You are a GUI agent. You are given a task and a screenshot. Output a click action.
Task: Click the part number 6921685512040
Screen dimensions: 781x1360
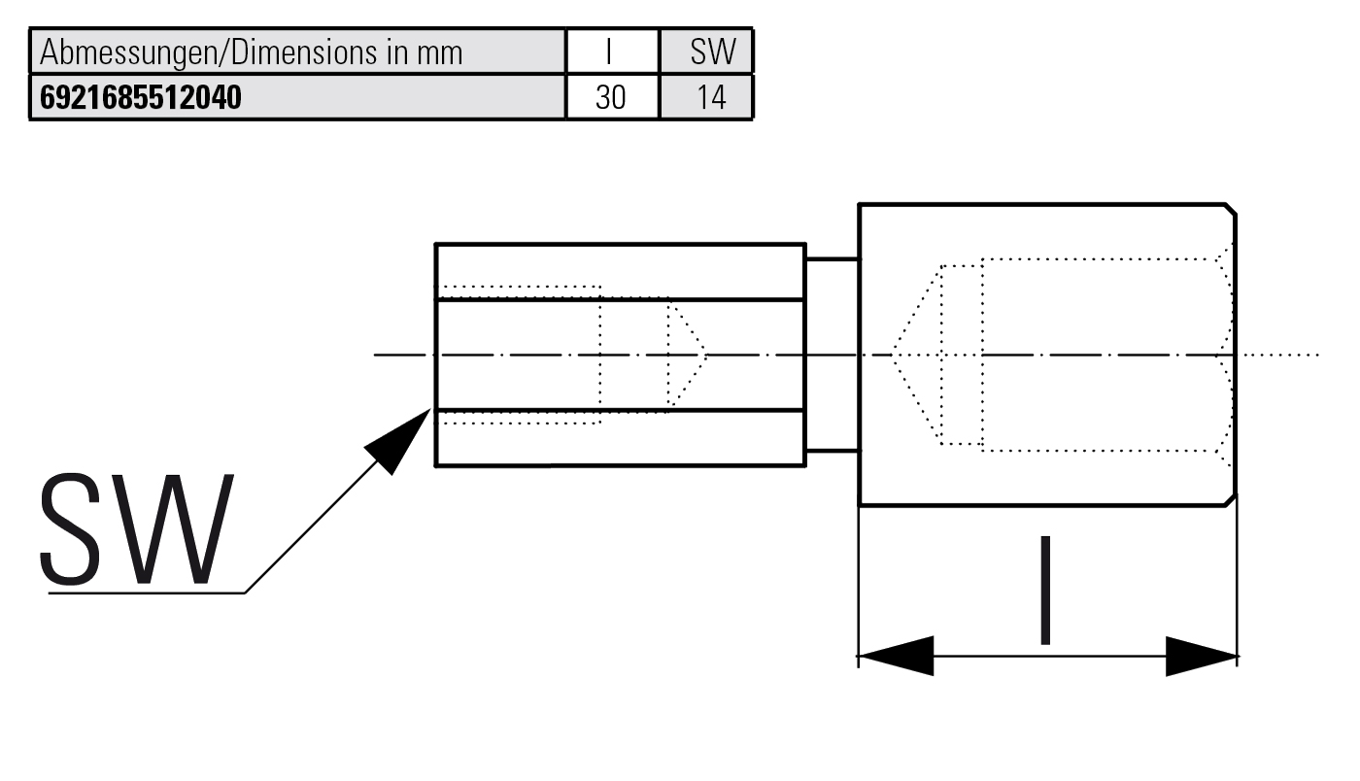coord(140,98)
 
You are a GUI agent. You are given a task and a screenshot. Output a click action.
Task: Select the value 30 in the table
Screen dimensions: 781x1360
coord(611,98)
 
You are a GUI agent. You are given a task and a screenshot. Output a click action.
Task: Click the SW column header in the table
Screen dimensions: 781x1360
coord(713,51)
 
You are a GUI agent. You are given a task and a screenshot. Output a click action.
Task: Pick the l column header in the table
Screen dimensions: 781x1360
coord(611,51)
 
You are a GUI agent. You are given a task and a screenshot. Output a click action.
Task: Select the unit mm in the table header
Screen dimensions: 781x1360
coord(439,52)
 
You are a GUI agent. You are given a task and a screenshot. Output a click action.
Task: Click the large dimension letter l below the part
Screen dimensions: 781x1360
coord(1045,590)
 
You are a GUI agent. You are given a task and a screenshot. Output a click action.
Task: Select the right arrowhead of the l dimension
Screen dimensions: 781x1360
coord(1201,656)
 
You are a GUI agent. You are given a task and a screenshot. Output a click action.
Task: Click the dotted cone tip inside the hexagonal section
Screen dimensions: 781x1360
coord(704,354)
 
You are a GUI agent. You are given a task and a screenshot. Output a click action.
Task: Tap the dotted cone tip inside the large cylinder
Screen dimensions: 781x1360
coord(894,355)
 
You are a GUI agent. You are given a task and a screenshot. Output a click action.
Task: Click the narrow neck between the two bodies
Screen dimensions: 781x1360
coord(832,355)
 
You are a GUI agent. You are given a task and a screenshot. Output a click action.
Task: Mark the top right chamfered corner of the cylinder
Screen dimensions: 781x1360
coord(1230,210)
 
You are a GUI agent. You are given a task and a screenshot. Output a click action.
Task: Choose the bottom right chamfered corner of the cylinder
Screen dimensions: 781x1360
coord(1230,499)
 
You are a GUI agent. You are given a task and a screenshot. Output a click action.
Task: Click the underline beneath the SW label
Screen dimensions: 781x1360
coord(146,593)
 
